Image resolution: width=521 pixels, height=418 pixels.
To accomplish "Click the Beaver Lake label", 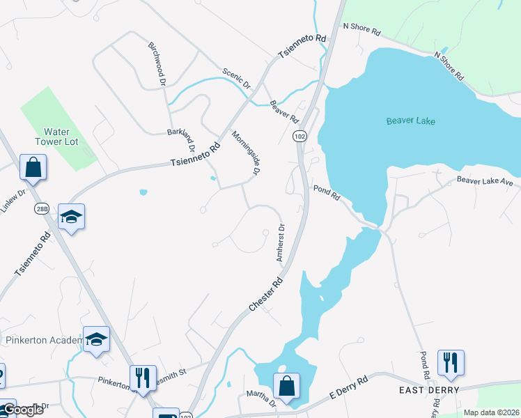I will tap(411, 121).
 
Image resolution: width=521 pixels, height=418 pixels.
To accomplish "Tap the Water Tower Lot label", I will tap(61, 137).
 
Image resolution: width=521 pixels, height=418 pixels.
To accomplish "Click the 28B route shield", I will tap(42, 209).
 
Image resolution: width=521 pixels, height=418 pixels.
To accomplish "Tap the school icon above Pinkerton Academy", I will tap(97, 339).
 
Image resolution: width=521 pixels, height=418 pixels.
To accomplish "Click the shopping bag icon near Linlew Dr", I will tap(33, 167).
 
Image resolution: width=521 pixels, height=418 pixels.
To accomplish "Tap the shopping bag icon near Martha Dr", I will tap(286, 385).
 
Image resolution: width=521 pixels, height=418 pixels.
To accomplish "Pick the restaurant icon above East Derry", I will tap(451, 362).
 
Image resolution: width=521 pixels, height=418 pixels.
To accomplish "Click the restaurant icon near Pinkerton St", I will tap(143, 378).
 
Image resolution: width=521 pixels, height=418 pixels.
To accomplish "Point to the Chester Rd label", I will tap(266, 295).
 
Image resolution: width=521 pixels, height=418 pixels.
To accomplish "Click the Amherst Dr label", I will tap(281, 242).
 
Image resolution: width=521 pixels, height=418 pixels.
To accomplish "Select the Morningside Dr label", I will tap(246, 153).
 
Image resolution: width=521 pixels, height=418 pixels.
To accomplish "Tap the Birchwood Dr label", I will tap(156, 63).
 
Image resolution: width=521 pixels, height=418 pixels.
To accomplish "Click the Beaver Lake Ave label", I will tap(485, 181).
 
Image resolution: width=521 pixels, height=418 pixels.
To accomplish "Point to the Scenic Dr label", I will tap(236, 79).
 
